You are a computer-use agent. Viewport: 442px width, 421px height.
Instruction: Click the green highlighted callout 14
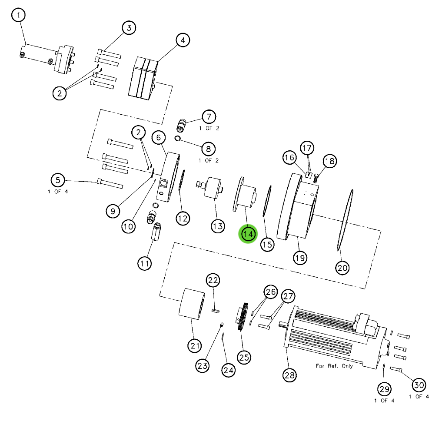click(x=248, y=234)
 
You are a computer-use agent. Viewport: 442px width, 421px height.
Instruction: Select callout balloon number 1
click(x=18, y=16)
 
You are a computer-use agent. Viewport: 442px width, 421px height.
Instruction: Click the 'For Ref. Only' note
click(x=334, y=365)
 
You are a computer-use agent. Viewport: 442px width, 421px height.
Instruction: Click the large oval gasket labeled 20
click(x=344, y=219)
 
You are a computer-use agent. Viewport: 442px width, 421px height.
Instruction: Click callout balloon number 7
click(x=209, y=116)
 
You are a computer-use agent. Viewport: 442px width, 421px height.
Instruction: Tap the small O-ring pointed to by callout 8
click(x=178, y=139)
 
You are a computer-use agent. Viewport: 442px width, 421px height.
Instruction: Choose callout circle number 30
click(x=419, y=385)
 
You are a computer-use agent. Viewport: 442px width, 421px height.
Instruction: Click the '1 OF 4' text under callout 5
click(x=58, y=192)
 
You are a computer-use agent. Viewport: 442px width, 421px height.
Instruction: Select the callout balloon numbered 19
click(x=300, y=258)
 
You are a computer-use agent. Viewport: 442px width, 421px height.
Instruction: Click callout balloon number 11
click(x=145, y=263)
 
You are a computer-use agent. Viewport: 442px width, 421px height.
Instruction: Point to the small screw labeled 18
click(x=316, y=176)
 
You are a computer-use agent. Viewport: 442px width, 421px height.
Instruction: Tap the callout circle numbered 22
click(x=213, y=280)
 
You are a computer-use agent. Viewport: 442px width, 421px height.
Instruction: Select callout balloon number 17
click(x=307, y=148)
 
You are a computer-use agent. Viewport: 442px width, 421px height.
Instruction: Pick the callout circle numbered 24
click(x=228, y=370)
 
